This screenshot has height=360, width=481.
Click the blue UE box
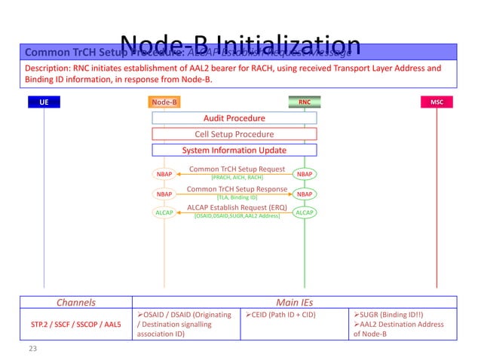coord(44,102)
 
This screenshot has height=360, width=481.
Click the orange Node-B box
coord(164,102)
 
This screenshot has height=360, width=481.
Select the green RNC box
coord(304,102)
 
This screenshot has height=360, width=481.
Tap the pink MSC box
coord(437,102)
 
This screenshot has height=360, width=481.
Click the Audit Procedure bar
coord(234,118)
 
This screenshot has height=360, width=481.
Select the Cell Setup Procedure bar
coord(234,134)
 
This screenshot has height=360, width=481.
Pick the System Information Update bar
coord(234,150)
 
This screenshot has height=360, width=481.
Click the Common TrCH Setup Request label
coord(236,169)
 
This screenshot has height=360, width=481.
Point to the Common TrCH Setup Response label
coord(237,189)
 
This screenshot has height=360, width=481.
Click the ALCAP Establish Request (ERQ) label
coord(236,209)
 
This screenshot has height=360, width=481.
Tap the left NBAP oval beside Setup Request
coord(164,174)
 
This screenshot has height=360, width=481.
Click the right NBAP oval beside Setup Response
coord(305,194)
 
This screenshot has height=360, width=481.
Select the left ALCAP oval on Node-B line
coord(164,213)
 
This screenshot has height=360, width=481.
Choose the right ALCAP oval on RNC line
coord(305,213)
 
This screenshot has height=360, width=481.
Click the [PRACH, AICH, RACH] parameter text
coord(236,177)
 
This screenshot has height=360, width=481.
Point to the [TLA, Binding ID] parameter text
coord(237,197)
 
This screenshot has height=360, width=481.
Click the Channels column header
coord(76,302)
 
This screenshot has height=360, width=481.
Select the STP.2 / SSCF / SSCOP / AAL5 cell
coord(76,325)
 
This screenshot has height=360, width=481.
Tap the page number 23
coord(32,349)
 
